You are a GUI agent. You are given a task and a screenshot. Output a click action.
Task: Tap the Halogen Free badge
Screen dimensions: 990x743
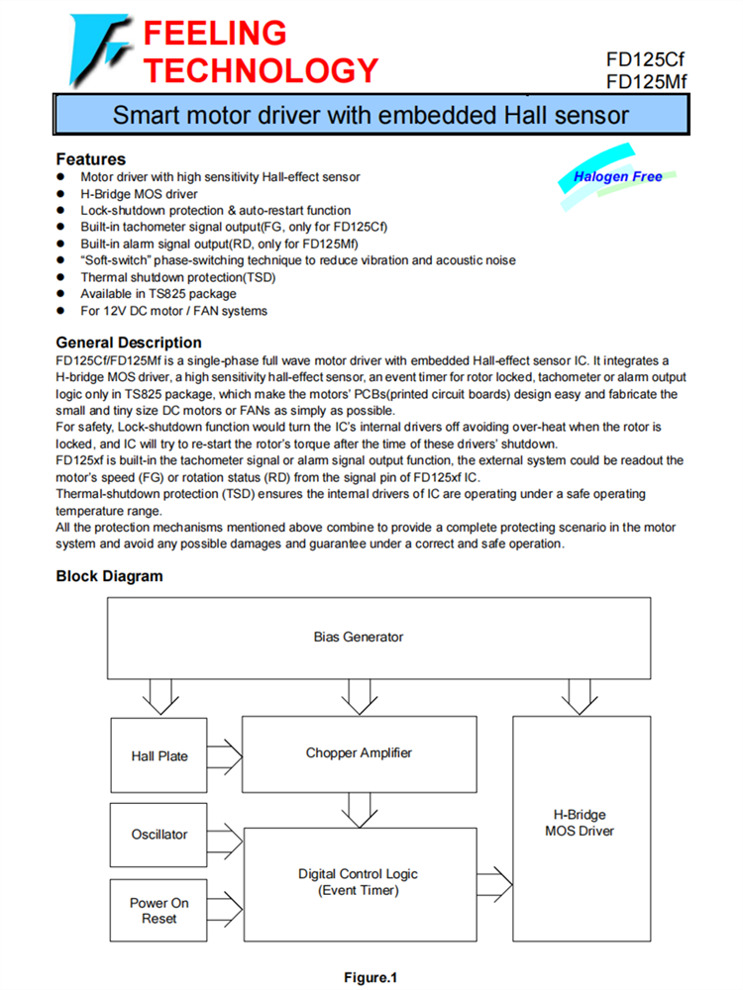point(618,177)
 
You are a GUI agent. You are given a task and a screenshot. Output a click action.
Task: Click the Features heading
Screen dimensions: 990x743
point(90,158)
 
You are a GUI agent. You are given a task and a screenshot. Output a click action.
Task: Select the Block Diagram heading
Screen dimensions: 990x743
point(109,576)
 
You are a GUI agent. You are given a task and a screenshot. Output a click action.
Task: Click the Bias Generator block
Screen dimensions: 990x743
point(359,637)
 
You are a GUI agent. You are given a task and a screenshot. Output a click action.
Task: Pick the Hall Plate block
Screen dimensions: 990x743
point(159,756)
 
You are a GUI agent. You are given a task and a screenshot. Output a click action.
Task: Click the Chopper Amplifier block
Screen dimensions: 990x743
point(359,752)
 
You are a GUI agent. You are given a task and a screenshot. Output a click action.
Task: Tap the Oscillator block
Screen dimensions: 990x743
point(159,835)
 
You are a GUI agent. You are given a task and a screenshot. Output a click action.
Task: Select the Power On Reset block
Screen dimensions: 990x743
point(159,911)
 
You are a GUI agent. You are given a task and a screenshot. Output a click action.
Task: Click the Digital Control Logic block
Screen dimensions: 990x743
point(359,881)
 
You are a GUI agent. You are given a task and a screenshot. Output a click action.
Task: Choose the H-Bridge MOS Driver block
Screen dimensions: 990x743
point(580,823)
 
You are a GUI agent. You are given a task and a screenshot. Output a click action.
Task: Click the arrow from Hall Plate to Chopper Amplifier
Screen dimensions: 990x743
point(226,756)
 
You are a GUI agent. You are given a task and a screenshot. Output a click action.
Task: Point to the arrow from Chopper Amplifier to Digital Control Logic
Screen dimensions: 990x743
point(359,809)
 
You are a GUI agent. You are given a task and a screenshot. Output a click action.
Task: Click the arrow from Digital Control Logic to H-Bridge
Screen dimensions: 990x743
point(492,881)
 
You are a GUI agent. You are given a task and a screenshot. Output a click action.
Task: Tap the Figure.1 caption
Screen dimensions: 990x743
point(371,978)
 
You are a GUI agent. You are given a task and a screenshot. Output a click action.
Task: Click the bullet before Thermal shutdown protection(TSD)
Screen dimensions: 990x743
point(61,278)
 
